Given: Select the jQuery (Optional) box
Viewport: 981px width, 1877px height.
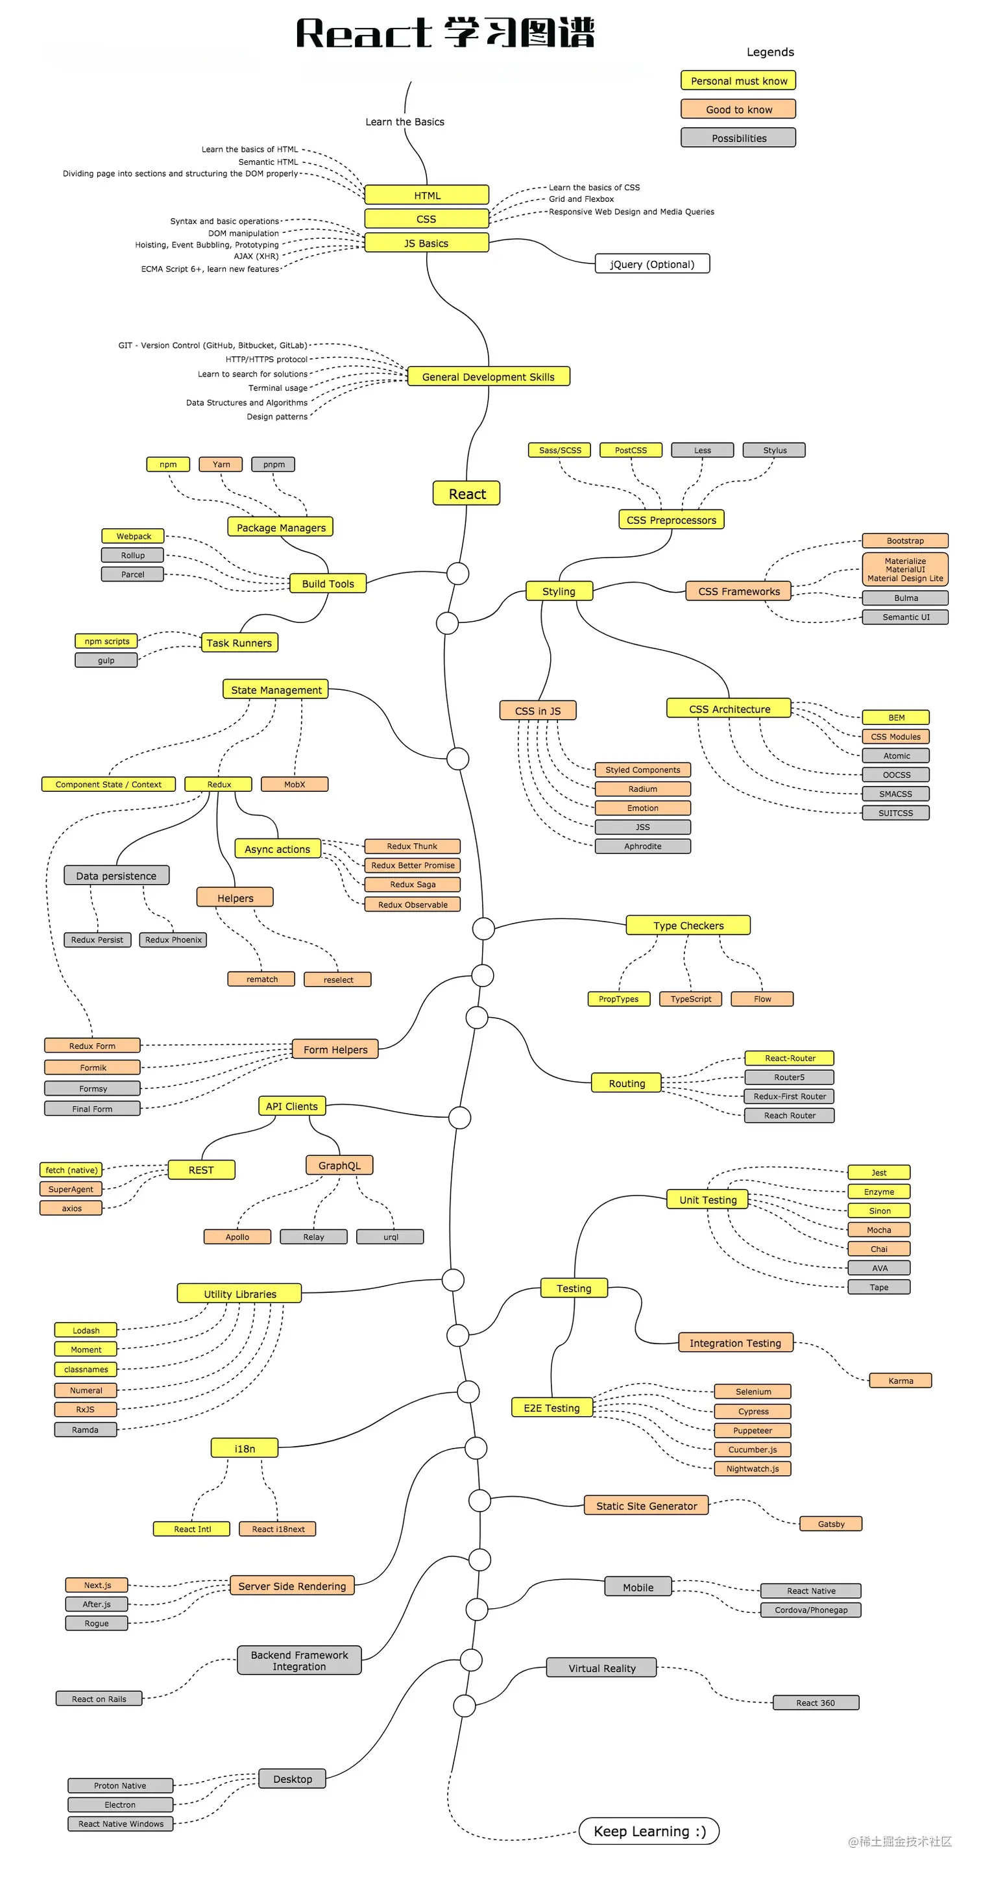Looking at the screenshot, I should point(652,264).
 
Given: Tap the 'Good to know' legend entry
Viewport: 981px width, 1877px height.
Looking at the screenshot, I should point(738,109).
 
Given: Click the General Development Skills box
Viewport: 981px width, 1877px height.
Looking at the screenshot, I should point(488,376).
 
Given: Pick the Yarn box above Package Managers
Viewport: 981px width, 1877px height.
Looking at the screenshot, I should point(221,464).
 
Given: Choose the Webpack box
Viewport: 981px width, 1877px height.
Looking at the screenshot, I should point(133,536).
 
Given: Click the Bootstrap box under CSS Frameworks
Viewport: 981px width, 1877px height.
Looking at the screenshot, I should point(904,541).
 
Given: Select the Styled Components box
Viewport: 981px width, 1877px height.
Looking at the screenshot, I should point(642,770).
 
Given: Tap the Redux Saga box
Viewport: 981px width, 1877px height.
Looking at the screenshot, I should point(412,885).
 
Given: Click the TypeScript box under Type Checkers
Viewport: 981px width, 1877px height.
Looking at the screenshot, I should point(690,999).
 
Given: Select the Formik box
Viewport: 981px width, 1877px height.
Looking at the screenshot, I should point(93,1068).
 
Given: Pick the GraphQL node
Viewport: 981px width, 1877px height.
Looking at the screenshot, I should point(339,1165).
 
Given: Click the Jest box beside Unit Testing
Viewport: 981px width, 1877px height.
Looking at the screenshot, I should point(878,1172).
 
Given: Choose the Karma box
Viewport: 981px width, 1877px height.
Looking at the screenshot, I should point(900,1380).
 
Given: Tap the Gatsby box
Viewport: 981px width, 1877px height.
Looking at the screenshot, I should point(830,1524).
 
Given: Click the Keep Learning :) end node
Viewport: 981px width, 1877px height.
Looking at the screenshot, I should point(649,1831).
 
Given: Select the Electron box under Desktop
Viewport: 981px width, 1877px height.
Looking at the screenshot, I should point(120,1805).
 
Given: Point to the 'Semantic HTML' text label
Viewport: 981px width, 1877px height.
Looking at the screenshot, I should point(268,162).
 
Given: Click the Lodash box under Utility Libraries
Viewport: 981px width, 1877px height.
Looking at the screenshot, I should point(86,1331).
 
